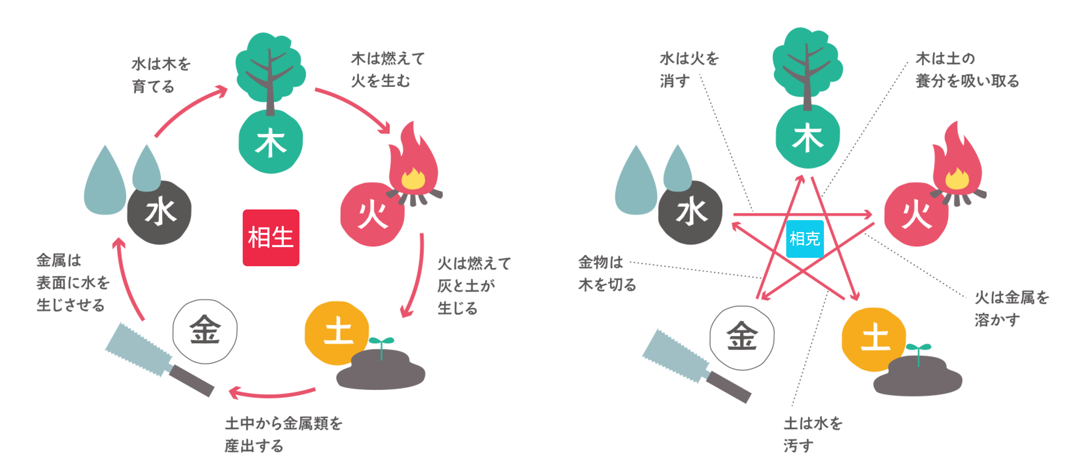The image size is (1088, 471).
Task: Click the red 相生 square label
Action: point(271,238)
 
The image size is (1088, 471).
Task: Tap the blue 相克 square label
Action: point(805,239)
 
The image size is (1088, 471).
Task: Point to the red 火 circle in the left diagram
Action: point(372,215)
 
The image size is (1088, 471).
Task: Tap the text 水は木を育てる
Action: point(160,75)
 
